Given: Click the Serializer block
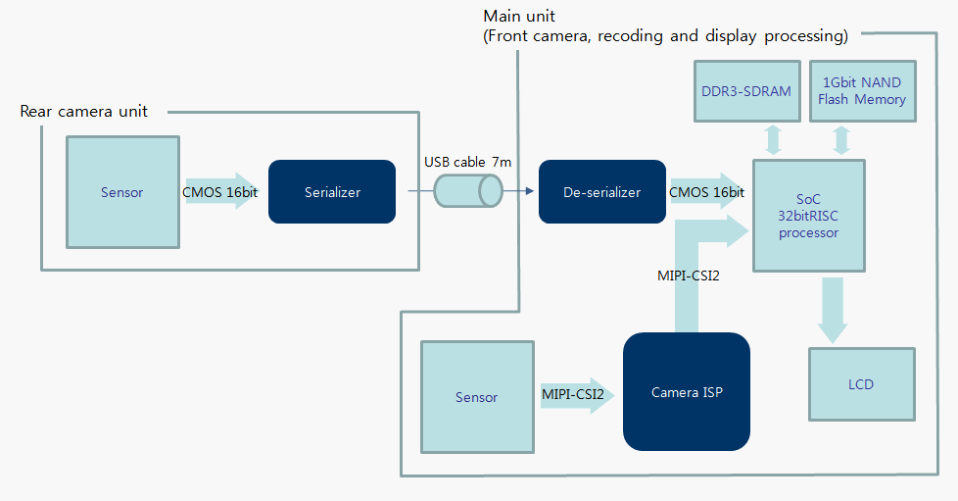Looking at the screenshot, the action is coord(332,191).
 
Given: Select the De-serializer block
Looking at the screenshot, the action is coord(601,191).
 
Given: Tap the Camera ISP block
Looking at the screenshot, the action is coord(686,391).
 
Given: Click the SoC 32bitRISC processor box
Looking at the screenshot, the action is coord(809,216).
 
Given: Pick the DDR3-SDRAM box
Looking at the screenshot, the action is coord(746,91).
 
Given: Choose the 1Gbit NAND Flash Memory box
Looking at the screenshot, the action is coord(862,91).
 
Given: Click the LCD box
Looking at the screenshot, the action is coord(861,384).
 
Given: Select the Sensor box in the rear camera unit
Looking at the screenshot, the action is coord(122,192).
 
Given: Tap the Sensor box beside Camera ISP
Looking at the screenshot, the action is coord(477,397).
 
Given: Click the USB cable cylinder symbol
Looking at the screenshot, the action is coord(468,191).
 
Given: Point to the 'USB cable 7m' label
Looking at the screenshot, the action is coord(468,162).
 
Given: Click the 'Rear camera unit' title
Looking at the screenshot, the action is coord(83,112).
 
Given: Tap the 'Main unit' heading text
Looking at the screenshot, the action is coord(519,16).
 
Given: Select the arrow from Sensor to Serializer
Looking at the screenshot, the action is coord(222,191).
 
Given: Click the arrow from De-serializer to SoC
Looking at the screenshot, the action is coord(708,191).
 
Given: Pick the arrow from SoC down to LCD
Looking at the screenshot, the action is coord(833,310).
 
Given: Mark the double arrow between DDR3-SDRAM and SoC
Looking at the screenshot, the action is coord(773,140).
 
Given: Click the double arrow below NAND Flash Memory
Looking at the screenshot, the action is coord(841,140).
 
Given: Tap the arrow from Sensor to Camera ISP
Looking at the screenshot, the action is coord(577,395).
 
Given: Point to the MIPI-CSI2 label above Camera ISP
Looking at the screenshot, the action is coord(689,276).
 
